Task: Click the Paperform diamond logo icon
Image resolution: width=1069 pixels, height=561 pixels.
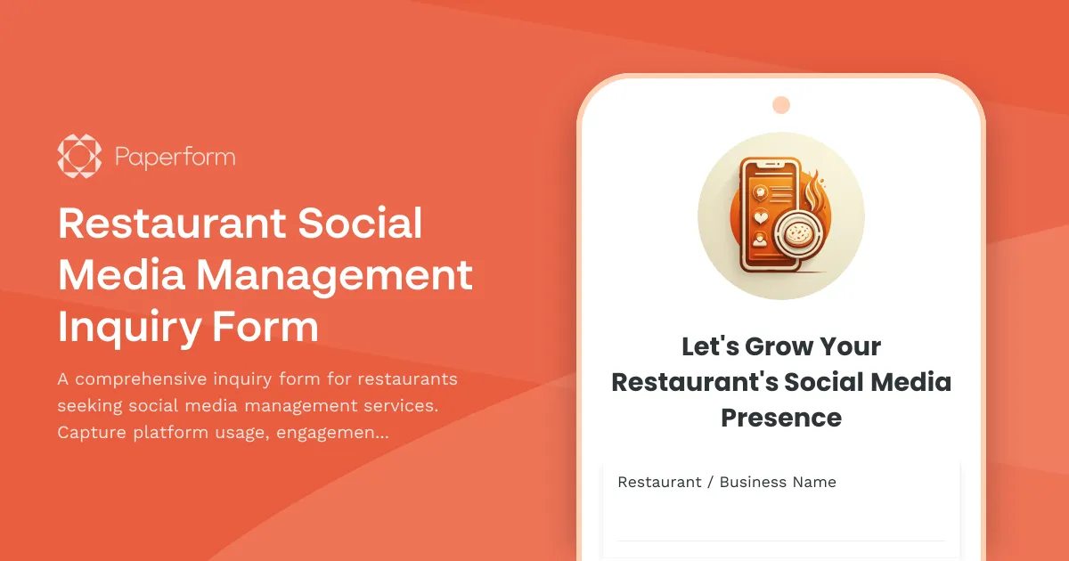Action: point(79,157)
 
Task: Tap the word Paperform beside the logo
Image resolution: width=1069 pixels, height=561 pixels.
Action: point(175,158)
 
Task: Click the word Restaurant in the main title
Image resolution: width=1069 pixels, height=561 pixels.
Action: point(172,223)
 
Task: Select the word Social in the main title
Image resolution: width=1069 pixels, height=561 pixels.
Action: point(360,223)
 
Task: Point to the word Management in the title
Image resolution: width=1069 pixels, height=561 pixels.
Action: point(334,275)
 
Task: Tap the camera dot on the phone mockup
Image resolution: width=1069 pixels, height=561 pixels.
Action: point(781,105)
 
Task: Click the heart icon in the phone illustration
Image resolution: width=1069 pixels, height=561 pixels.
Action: point(760,215)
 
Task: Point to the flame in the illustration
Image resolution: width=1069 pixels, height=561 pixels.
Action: point(812,191)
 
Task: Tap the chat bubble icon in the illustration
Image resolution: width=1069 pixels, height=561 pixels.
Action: point(760,190)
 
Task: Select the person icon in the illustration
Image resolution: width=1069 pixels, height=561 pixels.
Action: point(760,239)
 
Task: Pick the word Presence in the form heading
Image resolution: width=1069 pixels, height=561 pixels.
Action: point(781,418)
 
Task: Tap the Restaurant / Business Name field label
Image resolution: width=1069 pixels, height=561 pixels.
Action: point(727,482)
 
